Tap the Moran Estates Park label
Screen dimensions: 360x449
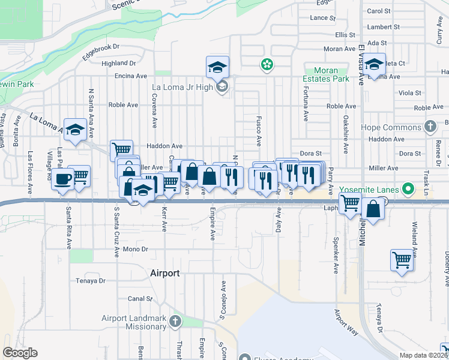(331, 74)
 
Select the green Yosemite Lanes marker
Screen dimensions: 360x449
(409, 189)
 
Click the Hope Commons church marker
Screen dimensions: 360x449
(430, 127)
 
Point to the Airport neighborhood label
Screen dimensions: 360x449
(164, 273)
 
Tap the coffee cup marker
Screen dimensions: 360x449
(62, 179)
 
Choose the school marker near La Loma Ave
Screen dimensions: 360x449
(76, 130)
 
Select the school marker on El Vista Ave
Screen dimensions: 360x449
(375, 64)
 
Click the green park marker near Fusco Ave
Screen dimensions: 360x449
(265, 64)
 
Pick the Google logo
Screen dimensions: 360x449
(20, 353)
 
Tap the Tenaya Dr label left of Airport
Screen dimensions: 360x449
(91, 280)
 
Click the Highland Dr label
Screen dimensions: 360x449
(119, 63)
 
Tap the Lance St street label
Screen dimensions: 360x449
(323, 18)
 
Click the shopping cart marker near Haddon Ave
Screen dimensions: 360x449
(121, 149)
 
